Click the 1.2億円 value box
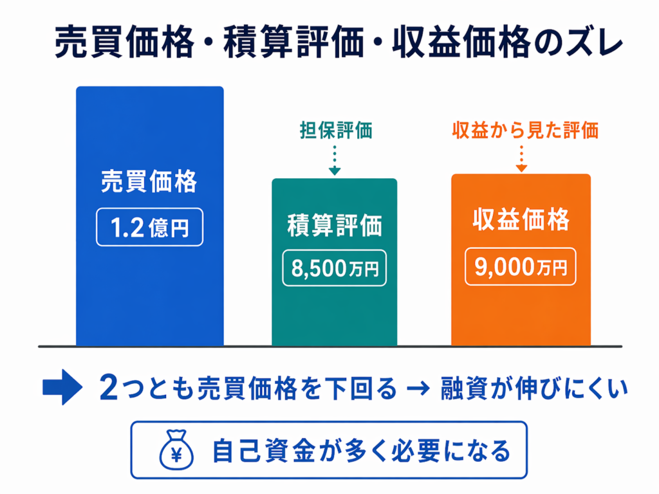[149, 227]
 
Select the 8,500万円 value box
[335, 268]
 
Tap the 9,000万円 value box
[520, 267]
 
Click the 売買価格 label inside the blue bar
[149, 181]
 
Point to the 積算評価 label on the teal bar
[335, 225]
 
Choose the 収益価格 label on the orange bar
[521, 219]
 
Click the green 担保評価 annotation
[336, 130]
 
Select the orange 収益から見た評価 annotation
[525, 130]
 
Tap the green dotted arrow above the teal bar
[335, 160]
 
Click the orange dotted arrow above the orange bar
[521, 158]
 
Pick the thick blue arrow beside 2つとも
[62, 387]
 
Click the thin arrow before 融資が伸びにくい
[418, 388]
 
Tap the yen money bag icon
[176, 450]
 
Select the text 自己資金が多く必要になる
[362, 451]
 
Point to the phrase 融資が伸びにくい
[534, 388]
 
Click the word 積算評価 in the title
[293, 42]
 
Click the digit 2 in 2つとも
[109, 387]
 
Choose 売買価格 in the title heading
[125, 42]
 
